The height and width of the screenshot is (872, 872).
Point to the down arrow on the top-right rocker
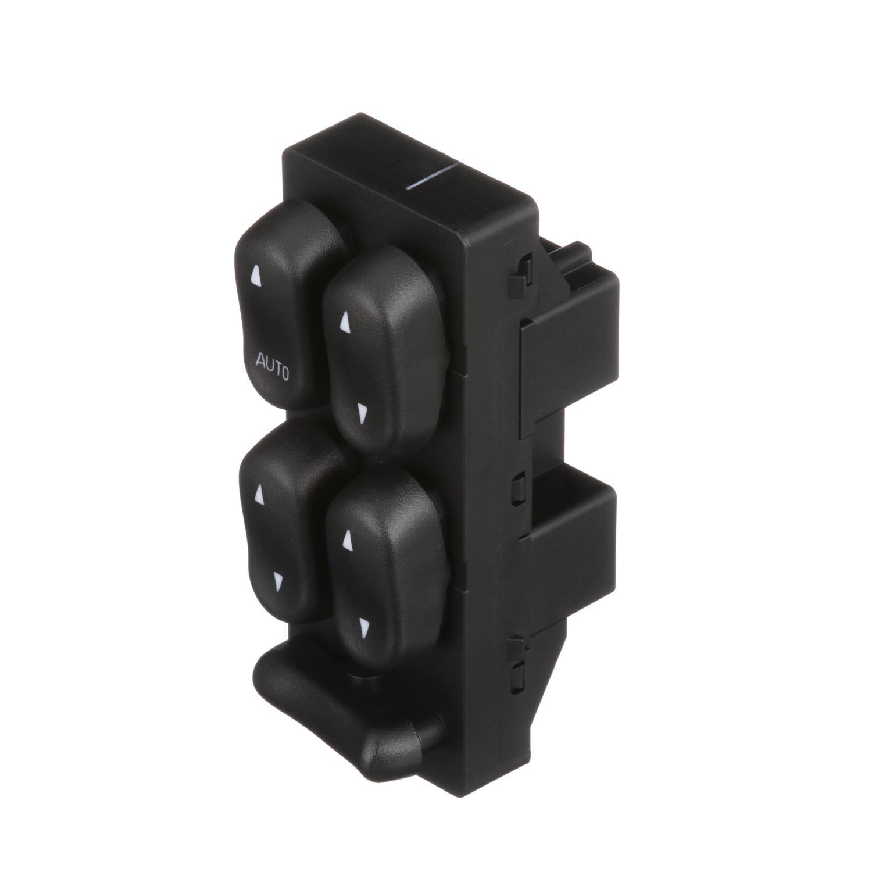[x=362, y=413]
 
